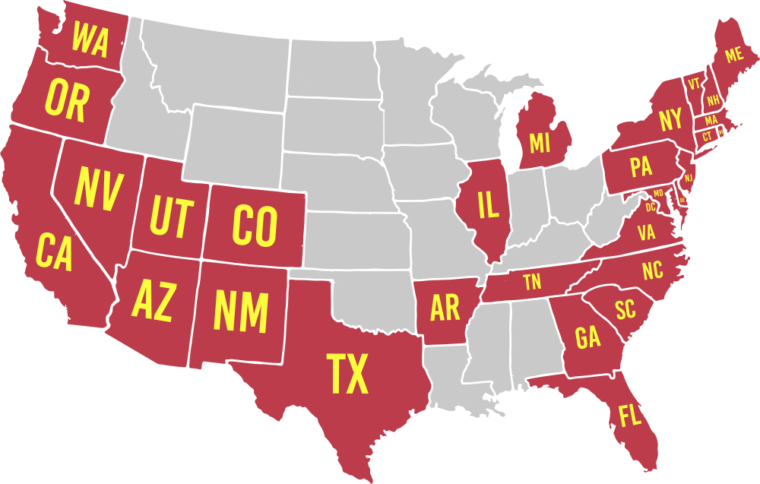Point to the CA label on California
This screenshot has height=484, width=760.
coord(54,252)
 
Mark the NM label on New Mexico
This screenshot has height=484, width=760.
coord(240,310)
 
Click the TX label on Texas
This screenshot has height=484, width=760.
coord(347,374)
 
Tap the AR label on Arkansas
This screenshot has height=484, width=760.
coord(445,308)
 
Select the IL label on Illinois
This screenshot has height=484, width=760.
coord(487,204)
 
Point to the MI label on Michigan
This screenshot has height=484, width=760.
coord(539,142)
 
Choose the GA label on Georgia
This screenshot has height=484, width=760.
coord(587,337)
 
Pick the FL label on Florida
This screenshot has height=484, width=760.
coord(630,416)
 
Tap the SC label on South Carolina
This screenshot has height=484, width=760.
coord(625,309)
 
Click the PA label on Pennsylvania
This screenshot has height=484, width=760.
coord(641,166)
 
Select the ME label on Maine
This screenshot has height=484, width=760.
coord(733,55)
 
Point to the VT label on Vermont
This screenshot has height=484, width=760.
coord(693,84)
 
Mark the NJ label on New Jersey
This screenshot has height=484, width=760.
coord(689,177)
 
